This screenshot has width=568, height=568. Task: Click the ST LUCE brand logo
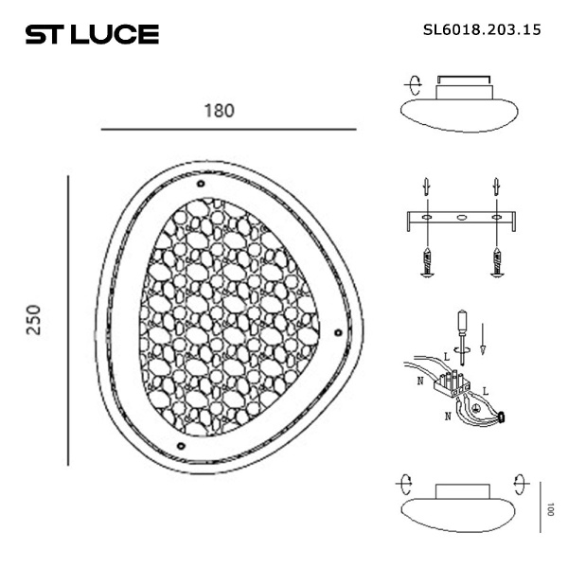[91, 35]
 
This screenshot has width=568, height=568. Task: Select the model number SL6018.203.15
[482, 29]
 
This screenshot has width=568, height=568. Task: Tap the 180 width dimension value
[219, 109]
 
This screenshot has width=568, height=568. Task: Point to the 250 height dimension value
[33, 319]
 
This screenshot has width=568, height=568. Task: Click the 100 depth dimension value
[550, 508]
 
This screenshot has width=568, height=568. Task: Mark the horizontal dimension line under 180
[227, 129]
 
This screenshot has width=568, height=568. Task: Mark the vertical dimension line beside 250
[68, 319]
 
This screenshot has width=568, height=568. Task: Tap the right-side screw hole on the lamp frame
[338, 330]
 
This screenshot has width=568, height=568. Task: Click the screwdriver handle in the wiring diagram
[461, 325]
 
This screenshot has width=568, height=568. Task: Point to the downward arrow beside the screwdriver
[482, 339]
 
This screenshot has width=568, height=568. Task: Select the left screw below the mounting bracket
[428, 258]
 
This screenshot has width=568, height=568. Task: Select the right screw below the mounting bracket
[495, 258]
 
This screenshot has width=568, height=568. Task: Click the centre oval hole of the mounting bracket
[461, 219]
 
